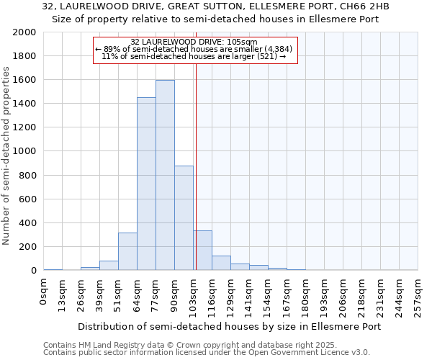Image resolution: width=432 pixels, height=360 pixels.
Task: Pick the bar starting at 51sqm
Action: pyautogui.click(x=127, y=251)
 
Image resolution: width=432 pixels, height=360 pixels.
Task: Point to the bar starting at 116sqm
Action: pyautogui.click(x=221, y=263)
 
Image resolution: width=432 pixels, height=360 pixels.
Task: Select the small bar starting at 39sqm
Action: pyautogui.click(x=109, y=265)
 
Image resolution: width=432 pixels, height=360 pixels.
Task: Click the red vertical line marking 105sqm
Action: pyautogui.click(x=197, y=166)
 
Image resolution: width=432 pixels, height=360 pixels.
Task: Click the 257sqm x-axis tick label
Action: pyautogui.click(x=418, y=291)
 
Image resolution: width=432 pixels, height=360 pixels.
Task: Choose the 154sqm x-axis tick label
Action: pyautogui.click(x=269, y=291)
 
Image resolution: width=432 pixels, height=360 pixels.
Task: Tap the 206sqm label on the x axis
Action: pyautogui.click(x=343, y=291)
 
